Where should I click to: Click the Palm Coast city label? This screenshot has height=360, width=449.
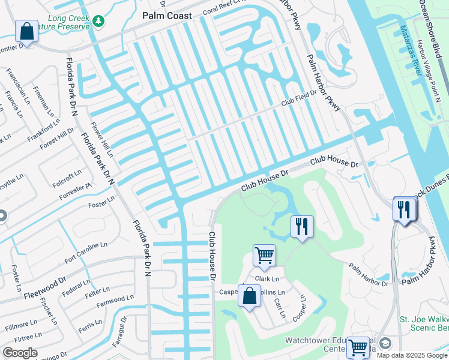coord(167,16)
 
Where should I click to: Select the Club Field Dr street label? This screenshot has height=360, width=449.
coord(298,103)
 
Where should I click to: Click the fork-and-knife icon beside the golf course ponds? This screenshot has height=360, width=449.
coord(302,227)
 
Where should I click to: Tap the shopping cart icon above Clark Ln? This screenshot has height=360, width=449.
coord(264,256)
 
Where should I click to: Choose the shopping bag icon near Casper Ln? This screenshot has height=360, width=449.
coord(249,296)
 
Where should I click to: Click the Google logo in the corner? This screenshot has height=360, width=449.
coord(20,353)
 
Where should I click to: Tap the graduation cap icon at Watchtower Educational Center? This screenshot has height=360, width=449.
coord(385,343)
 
